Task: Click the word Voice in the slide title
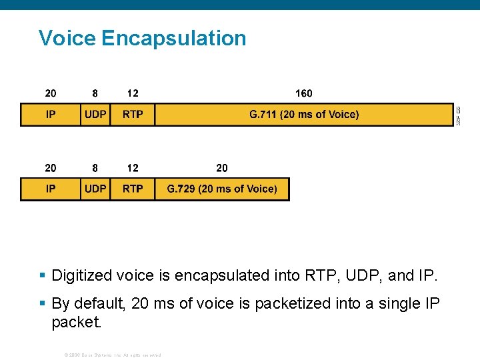click(67, 38)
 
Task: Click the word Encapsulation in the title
click(174, 38)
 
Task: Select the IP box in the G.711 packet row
click(51, 115)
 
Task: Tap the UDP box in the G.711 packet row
click(95, 115)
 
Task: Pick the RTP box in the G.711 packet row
click(133, 115)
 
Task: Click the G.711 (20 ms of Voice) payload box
click(304, 115)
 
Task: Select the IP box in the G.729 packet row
click(51, 189)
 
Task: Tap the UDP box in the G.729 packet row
click(95, 189)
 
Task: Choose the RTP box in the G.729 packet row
click(133, 189)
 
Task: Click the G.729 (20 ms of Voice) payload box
click(222, 189)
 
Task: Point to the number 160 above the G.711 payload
click(303, 93)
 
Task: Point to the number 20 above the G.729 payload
click(222, 168)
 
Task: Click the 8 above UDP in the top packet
click(95, 93)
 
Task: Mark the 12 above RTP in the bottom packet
click(133, 168)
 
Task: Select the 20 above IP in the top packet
click(51, 93)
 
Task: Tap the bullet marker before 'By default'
click(42, 303)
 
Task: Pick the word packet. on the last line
click(77, 323)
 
